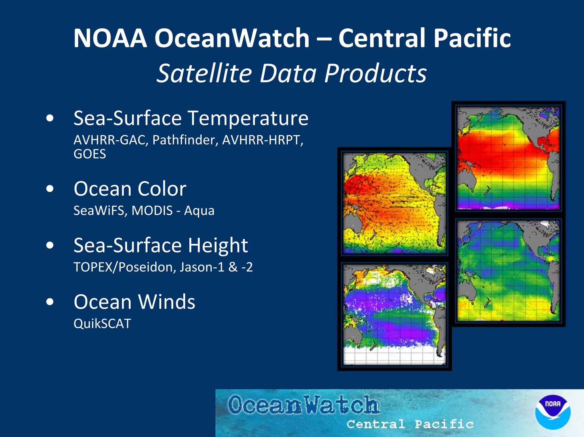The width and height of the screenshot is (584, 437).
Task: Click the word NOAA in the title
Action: click(x=110, y=38)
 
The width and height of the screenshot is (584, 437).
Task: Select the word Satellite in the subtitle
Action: click(x=204, y=73)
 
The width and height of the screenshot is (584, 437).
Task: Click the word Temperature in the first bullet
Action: click(x=248, y=118)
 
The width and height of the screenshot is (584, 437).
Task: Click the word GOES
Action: click(x=90, y=154)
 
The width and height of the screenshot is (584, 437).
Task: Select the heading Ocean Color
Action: click(x=130, y=189)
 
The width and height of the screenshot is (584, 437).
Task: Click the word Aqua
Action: click(x=199, y=211)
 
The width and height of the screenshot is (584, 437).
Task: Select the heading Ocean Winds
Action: click(x=134, y=302)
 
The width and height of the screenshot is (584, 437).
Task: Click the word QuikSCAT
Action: click(x=102, y=324)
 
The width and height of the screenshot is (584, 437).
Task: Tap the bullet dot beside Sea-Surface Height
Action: click(x=50, y=245)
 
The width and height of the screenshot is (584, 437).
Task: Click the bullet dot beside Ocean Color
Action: click(x=50, y=189)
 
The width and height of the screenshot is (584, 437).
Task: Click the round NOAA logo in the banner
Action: click(x=553, y=412)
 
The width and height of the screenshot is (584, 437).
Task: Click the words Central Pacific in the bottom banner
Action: click(x=410, y=424)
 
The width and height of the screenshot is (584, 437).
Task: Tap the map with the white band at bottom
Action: click(x=394, y=315)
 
